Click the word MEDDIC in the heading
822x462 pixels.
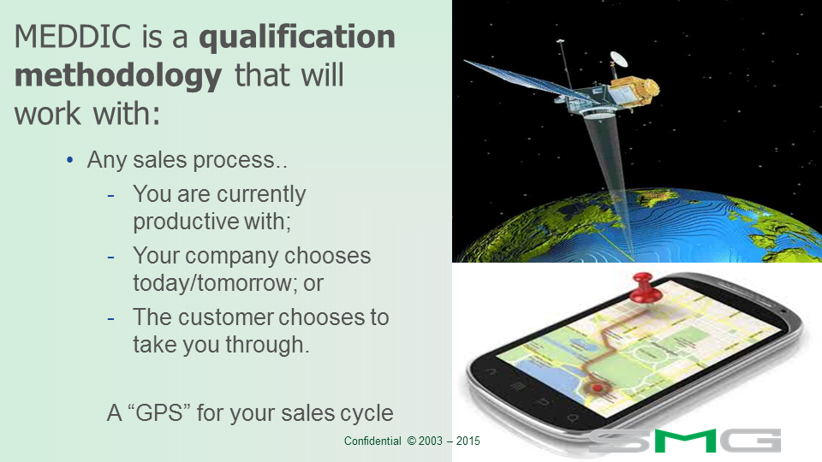pyautogui.click(x=73, y=37)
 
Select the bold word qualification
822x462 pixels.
pyautogui.click(x=297, y=37)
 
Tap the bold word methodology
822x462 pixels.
pyautogui.click(x=118, y=77)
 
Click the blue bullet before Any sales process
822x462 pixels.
pyautogui.click(x=69, y=160)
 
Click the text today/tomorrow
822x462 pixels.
pyautogui.click(x=213, y=283)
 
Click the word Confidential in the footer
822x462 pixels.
pyautogui.click(x=372, y=441)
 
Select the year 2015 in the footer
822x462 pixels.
pyautogui.click(x=468, y=441)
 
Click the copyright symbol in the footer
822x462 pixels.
pyautogui.click(x=412, y=441)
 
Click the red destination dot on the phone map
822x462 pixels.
pyautogui.click(x=597, y=388)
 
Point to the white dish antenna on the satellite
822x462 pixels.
pyautogui.click(x=618, y=58)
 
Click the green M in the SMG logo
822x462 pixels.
pyautogui.click(x=684, y=441)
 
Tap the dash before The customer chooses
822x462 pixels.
pyautogui.click(x=110, y=318)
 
